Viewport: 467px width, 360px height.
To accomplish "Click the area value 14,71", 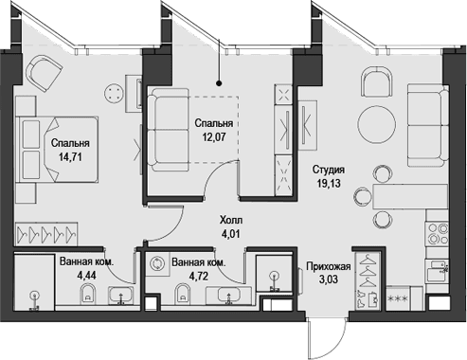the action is tap(70, 156).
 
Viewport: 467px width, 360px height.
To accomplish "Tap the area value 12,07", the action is tap(214, 136).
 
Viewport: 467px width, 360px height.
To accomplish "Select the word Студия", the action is tap(329, 170).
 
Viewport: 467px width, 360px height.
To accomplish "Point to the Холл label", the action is tap(231, 220).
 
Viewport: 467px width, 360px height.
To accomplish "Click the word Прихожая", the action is tap(329, 266).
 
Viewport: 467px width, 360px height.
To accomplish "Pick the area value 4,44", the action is tap(87, 276).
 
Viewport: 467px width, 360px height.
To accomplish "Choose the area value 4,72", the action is tap(199, 277).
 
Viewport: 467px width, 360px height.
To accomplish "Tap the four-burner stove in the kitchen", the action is tap(438, 234).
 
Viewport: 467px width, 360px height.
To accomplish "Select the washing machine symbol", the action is tap(156, 263).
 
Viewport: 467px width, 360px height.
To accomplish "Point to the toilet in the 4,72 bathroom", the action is tap(182, 295).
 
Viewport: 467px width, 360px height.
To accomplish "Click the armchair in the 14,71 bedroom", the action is tap(45, 74).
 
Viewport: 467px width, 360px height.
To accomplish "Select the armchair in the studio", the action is tap(376, 82).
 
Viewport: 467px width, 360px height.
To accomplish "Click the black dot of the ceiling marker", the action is tap(219, 83).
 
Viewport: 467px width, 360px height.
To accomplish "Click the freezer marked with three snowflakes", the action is tap(399, 297).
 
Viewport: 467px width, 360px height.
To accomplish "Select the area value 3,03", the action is tap(329, 279).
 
